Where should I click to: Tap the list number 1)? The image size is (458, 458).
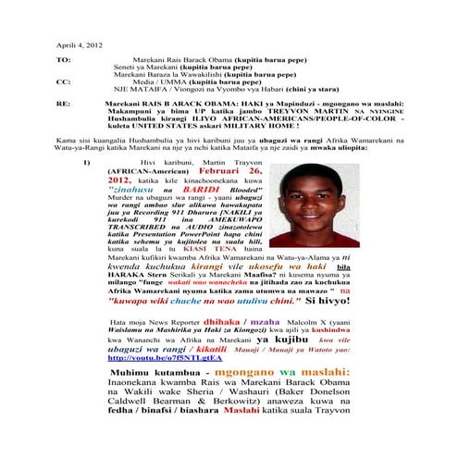[x=85, y=163]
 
